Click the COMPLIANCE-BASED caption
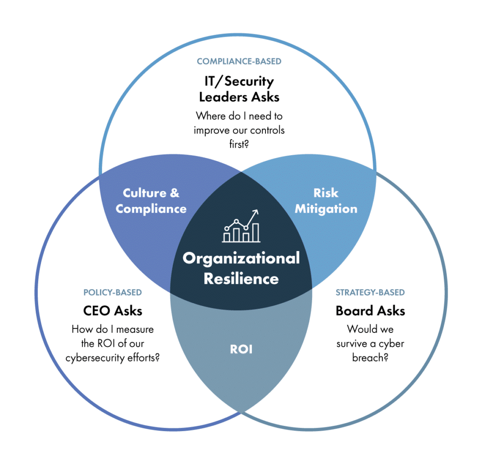tap(239, 62)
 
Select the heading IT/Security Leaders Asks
tap(239, 89)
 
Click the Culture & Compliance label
tap(151, 201)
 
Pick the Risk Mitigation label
tap(326, 201)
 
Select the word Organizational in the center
tap(241, 258)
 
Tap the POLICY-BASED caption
tap(112, 293)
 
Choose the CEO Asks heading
tap(112, 311)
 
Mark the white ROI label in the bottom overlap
tap(241, 349)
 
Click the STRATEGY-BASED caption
tap(370, 293)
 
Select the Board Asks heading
tap(370, 311)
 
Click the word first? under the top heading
tap(239, 144)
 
